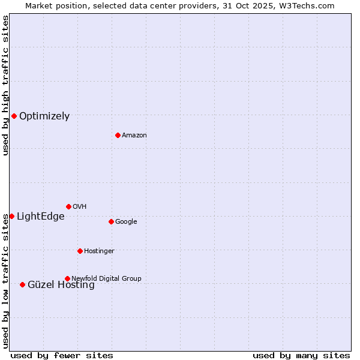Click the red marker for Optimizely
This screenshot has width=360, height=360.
(x=14, y=116)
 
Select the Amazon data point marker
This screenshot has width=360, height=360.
(x=118, y=135)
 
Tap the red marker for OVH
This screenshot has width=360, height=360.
(x=68, y=206)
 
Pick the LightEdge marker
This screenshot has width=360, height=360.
(x=11, y=216)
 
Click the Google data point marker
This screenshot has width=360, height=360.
(x=111, y=221)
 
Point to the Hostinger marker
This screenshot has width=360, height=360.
(x=80, y=251)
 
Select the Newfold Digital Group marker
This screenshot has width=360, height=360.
(x=67, y=278)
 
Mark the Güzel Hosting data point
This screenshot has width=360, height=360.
(x=22, y=284)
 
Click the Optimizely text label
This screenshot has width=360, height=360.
(x=44, y=116)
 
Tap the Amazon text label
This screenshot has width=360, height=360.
(x=134, y=136)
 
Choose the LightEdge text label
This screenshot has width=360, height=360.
(x=40, y=217)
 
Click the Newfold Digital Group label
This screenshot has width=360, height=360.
(x=106, y=278)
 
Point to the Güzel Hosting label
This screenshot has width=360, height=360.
(x=61, y=286)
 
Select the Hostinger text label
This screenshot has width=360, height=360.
(x=99, y=251)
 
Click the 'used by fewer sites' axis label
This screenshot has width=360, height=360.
(x=62, y=355)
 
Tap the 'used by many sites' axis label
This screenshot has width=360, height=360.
(x=301, y=355)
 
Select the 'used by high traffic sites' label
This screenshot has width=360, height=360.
(x=6, y=85)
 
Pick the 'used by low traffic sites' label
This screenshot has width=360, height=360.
(x=6, y=281)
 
